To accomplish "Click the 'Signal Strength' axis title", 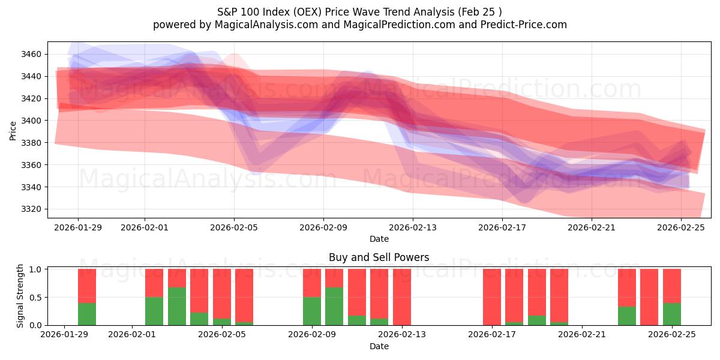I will click(x=20, y=296).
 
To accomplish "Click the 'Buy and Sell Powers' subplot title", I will click(x=379, y=257).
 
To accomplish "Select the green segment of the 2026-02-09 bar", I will click(x=312, y=311).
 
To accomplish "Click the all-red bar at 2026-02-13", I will click(x=402, y=297).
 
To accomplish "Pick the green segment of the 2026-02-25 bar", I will click(x=672, y=314).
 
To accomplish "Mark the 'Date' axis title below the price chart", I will click(x=379, y=239).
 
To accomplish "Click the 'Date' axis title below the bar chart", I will click(x=379, y=346).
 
